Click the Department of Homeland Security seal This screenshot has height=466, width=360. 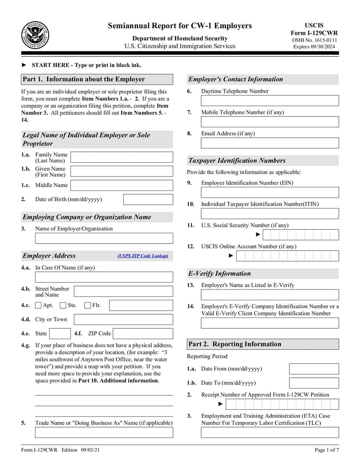[x=35, y=36]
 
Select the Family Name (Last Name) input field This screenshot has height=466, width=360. [x=121, y=157]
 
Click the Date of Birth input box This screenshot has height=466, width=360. [x=148, y=199]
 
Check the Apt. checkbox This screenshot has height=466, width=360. [x=38, y=305]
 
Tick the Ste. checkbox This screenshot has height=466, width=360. [x=63, y=305]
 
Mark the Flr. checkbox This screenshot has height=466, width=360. [x=88, y=305]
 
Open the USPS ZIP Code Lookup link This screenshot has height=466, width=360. [x=143, y=256]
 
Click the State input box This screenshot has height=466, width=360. [x=59, y=334]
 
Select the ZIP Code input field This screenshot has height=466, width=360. [x=143, y=334]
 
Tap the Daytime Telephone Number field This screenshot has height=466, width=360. [x=270, y=101]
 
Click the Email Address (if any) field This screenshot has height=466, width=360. [x=270, y=143]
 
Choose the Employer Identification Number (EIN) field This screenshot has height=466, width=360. [x=270, y=193]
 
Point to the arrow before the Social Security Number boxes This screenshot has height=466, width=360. [x=258, y=235]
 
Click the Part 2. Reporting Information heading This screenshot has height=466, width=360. [x=235, y=344]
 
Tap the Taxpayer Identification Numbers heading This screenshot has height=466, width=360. [x=237, y=161]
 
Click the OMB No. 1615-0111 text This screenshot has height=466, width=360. [x=314, y=40]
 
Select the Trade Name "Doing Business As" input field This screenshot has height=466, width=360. [x=104, y=433]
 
